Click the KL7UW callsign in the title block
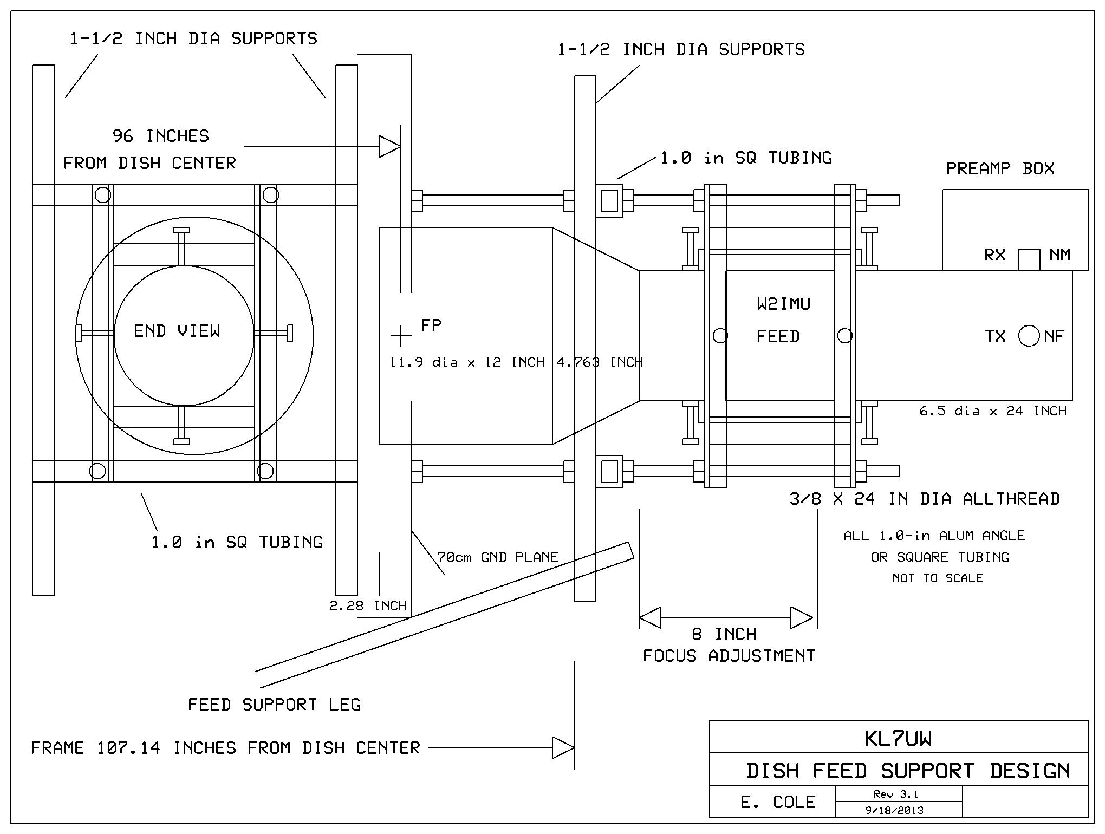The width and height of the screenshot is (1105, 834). (898, 739)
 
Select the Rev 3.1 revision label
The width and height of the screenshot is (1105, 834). (896, 794)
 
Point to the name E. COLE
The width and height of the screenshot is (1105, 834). (778, 802)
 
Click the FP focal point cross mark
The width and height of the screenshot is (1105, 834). (401, 336)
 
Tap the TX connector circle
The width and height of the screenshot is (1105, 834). (1029, 336)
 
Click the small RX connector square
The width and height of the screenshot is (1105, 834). (1029, 259)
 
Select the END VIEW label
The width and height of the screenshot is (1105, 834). (177, 331)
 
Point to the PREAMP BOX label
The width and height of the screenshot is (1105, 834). (1000, 168)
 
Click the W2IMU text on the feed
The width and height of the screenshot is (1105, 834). (783, 304)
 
